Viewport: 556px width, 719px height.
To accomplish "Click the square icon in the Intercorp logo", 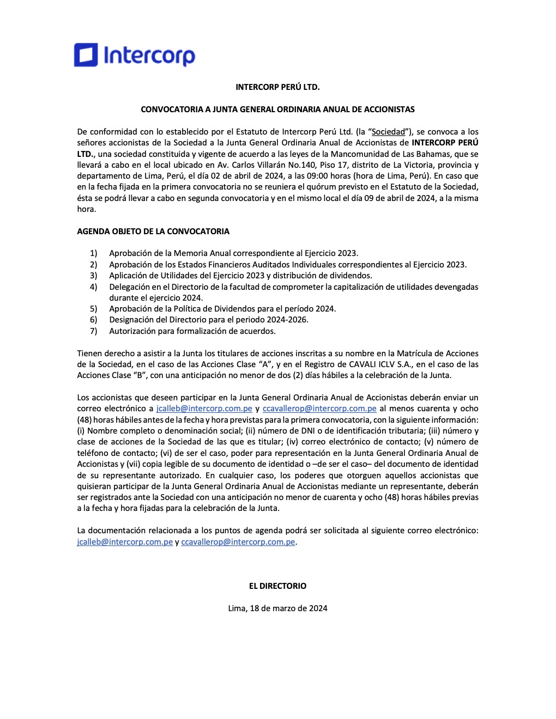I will click(x=86, y=55).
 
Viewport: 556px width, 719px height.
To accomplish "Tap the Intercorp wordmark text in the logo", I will click(x=149, y=56).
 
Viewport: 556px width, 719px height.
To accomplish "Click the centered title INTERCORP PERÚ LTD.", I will click(x=277, y=87).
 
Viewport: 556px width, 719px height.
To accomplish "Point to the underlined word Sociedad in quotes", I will click(x=388, y=132).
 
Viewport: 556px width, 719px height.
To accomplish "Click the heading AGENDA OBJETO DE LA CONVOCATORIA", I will click(x=153, y=231).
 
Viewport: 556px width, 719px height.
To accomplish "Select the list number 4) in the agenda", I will click(x=94, y=287).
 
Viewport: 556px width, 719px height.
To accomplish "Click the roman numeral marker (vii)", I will click(x=134, y=464).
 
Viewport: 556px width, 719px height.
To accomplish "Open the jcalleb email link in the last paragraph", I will click(x=125, y=542).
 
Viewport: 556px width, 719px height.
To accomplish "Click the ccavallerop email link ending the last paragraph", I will click(x=238, y=542).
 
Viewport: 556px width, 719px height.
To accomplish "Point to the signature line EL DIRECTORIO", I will click(x=277, y=586).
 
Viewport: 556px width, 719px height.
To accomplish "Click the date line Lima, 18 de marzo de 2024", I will click(x=277, y=608).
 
